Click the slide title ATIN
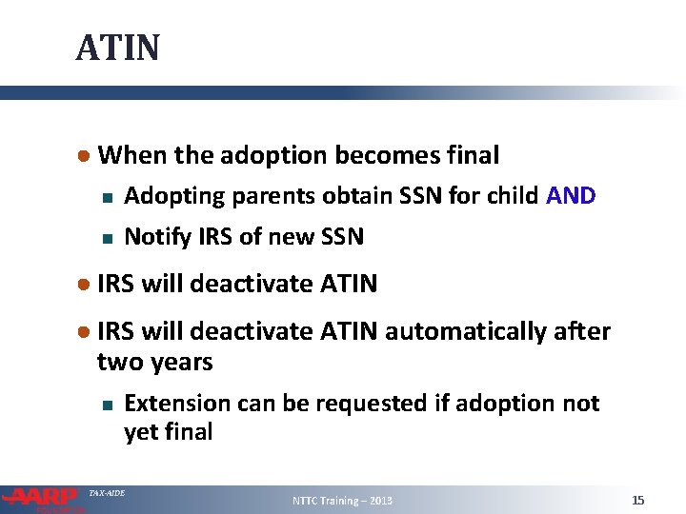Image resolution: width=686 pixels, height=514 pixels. (118, 47)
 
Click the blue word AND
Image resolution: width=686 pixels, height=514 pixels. (571, 196)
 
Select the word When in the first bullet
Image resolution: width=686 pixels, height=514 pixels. (128, 154)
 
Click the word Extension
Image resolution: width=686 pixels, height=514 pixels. (178, 404)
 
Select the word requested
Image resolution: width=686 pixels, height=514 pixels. (366, 405)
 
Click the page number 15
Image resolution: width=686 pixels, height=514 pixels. (638, 501)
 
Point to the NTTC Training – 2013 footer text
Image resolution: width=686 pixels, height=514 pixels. (342, 501)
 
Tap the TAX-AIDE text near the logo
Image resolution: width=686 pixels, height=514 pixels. (106, 493)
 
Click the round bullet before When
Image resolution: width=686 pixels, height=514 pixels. (85, 155)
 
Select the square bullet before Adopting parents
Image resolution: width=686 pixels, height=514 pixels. (108, 198)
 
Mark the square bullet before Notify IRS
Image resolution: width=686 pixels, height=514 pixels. (108, 237)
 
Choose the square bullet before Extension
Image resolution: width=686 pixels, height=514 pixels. (108, 405)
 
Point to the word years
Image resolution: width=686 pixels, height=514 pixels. (182, 363)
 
